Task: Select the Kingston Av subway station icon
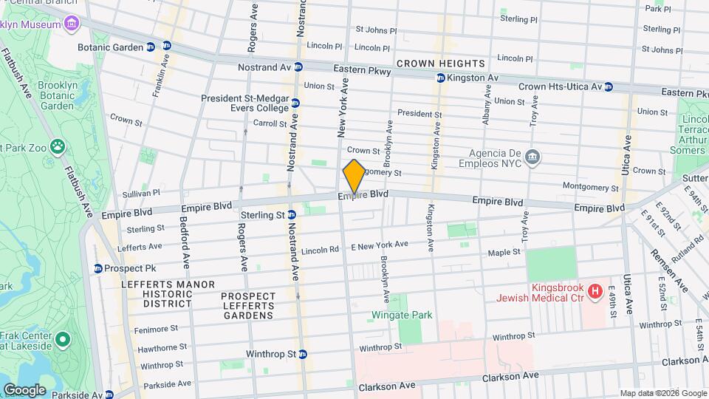(x=441, y=78)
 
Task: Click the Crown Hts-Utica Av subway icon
(x=609, y=86)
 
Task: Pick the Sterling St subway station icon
(x=292, y=215)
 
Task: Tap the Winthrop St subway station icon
(x=304, y=353)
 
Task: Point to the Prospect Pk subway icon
(x=97, y=267)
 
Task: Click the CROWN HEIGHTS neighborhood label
(x=441, y=64)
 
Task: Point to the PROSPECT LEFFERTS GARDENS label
(x=248, y=306)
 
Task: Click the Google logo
(x=24, y=389)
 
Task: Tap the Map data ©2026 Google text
(x=662, y=393)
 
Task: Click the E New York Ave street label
(x=379, y=245)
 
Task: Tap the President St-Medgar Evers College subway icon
(x=295, y=103)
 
